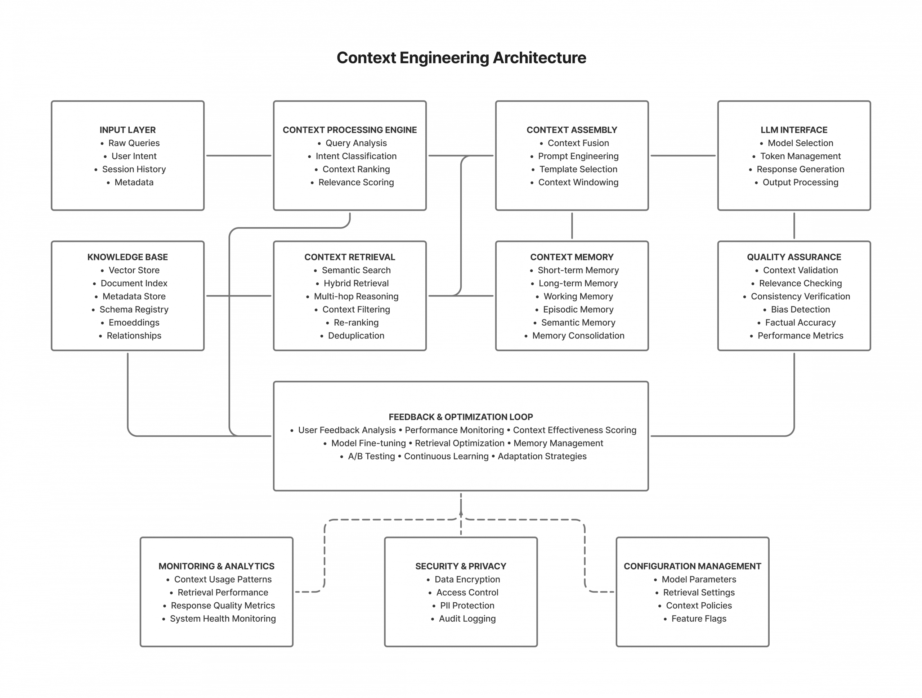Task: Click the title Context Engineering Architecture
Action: click(461, 58)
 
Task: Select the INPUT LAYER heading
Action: click(127, 130)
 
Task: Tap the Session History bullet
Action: click(134, 169)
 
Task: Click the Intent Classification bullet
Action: click(356, 156)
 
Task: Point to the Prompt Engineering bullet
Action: click(578, 156)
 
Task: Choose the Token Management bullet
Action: click(800, 156)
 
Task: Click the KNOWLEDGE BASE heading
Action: click(127, 257)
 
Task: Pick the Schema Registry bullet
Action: click(134, 309)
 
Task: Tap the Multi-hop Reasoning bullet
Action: click(356, 296)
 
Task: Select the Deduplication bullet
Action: click(356, 336)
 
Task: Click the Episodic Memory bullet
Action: click(578, 309)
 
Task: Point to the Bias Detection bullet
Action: click(800, 309)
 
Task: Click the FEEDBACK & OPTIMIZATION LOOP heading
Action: click(461, 417)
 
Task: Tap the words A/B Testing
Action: click(371, 457)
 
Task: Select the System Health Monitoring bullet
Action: click(223, 619)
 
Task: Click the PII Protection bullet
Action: click(467, 606)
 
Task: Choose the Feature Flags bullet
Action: click(699, 619)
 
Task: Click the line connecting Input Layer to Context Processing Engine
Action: click(239, 156)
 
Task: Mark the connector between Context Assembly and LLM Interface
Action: click(683, 156)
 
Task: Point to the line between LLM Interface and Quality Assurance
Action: click(794, 226)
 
